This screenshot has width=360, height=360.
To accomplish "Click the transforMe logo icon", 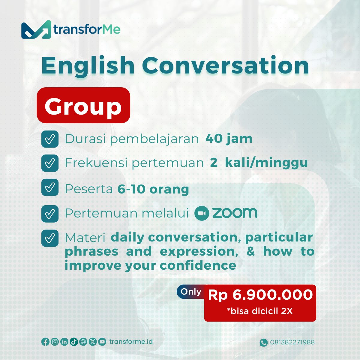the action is [x=36, y=29].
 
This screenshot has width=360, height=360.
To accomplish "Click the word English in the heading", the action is [x=88, y=67].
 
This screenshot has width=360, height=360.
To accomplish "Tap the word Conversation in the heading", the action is [x=226, y=66].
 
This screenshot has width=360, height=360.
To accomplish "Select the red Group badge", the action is [x=83, y=105].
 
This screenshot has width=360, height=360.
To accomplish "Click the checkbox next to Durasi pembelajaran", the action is [x=50, y=139].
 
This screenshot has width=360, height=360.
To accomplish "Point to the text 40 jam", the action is [x=229, y=139].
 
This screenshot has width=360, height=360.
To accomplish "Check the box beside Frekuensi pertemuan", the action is [x=50, y=163].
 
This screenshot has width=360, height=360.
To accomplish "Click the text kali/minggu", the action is [x=266, y=163].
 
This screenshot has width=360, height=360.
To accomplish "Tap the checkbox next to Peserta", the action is [x=50, y=187].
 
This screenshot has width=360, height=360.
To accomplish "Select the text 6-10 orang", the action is [x=153, y=189].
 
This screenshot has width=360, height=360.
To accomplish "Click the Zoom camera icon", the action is [x=202, y=213].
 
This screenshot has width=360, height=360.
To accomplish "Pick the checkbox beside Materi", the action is [x=50, y=238].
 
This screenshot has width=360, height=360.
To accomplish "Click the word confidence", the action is [x=198, y=265].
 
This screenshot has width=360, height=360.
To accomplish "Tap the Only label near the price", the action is [x=191, y=292].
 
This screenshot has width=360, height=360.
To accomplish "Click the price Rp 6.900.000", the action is [x=260, y=295].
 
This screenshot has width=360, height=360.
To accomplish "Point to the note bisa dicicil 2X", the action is [x=260, y=311].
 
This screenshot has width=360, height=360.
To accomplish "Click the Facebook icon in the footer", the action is [x=45, y=342].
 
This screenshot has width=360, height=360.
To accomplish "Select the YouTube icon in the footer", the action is [x=102, y=342].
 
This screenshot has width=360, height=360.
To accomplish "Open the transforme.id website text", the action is [x=131, y=341].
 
